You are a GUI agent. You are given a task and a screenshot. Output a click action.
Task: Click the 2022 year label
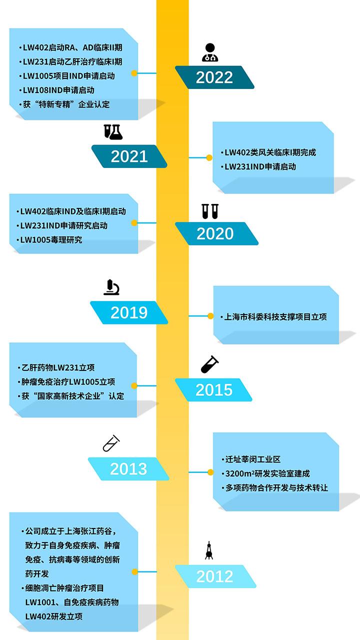click(x=214, y=77)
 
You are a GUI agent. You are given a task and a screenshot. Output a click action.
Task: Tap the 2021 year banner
click(x=129, y=156)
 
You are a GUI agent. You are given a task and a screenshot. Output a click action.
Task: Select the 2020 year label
click(x=215, y=233)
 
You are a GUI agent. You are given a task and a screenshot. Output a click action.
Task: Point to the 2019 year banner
click(x=129, y=312)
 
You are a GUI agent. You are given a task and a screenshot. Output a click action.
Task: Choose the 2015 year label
click(x=213, y=390)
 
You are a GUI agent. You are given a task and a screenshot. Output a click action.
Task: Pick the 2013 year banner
click(x=128, y=468)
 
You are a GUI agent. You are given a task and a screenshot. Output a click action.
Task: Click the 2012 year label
click(x=214, y=576)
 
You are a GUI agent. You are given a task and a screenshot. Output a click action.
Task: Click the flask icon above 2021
click(x=113, y=132)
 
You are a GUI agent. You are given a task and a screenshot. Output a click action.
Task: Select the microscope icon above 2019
click(x=111, y=287)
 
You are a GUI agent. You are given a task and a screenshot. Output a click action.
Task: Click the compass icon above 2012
click(x=209, y=550)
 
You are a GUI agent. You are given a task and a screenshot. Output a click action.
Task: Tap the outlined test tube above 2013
click(x=111, y=443)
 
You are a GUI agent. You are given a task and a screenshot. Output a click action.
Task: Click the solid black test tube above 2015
click(x=210, y=364)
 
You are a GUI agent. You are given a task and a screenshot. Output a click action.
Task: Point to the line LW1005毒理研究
click(x=50, y=239)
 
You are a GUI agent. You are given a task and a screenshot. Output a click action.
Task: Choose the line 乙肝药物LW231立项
click(x=58, y=368)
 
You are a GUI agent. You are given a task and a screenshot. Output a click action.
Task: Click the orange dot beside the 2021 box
click(x=209, y=158)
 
